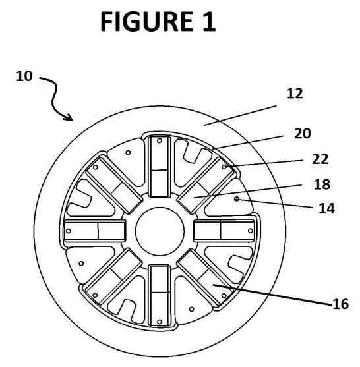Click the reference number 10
[x=24, y=76]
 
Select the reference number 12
[x=295, y=94]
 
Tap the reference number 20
[x=303, y=134]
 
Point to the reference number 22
[x=320, y=159]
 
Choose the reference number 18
[x=322, y=184]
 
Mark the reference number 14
[x=327, y=208]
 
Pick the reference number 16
[x=341, y=304]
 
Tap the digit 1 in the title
[x=209, y=22]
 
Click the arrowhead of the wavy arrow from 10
[x=69, y=117]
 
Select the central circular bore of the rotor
[x=160, y=231]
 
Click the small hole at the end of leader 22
[x=224, y=167]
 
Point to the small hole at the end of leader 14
[x=237, y=199]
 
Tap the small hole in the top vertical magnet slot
[x=160, y=140]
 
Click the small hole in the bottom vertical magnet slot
[x=160, y=322]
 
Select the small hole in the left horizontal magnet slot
[x=69, y=231]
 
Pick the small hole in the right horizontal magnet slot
[x=251, y=231]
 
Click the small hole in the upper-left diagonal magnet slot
[x=96, y=167]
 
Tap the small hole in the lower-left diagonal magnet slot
[x=95, y=295]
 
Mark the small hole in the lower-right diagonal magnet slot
[x=224, y=296]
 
